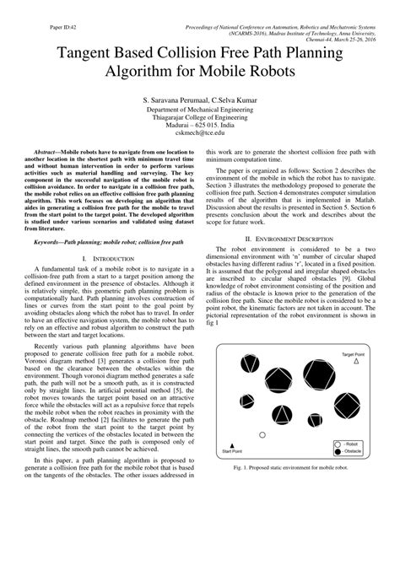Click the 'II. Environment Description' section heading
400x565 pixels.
[287, 239]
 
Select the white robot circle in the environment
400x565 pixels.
[262, 435]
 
